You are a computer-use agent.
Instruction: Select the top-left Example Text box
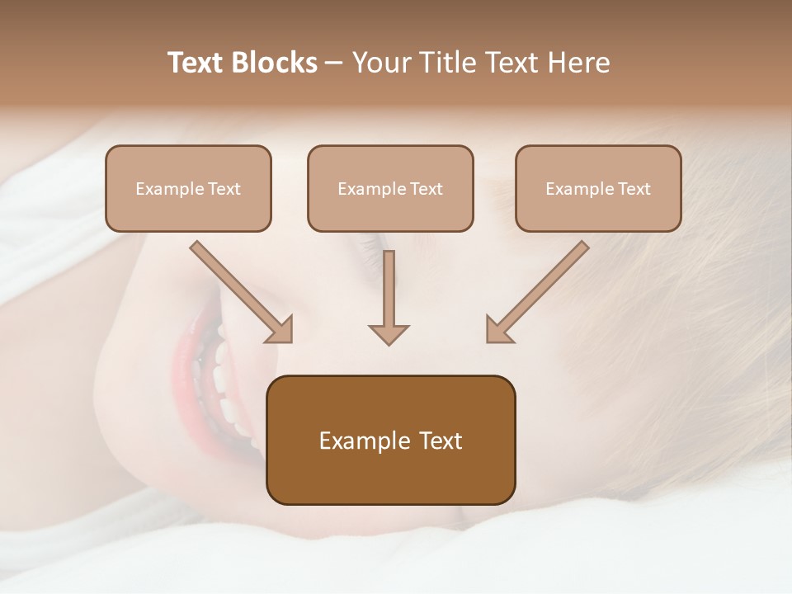point(188,188)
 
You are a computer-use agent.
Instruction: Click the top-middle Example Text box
point(390,188)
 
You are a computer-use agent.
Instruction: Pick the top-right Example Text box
point(598,188)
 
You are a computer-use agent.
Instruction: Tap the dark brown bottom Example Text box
point(390,440)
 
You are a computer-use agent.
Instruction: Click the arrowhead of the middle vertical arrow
point(389,333)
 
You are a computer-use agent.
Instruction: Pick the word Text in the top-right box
point(634,189)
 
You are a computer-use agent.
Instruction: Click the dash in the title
point(335,63)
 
